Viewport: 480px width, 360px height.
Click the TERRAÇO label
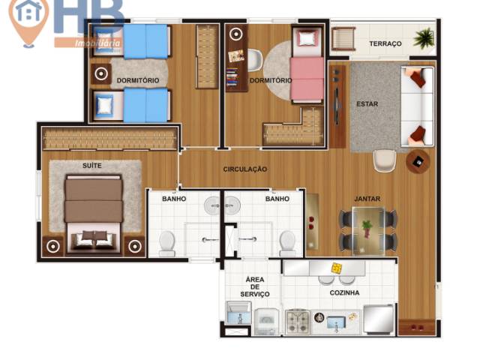385,44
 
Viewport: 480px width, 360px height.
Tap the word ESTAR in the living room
367,104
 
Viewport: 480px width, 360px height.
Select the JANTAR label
367,199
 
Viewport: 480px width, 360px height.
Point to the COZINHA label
344,292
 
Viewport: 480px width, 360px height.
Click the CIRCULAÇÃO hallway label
244,169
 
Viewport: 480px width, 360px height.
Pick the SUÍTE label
92,165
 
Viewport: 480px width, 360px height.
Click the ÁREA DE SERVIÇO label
255,286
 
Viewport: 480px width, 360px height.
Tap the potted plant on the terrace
425,37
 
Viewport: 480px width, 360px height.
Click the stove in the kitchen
297,322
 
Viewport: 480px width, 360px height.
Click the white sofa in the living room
417,104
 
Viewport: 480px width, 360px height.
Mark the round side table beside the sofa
418,160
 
